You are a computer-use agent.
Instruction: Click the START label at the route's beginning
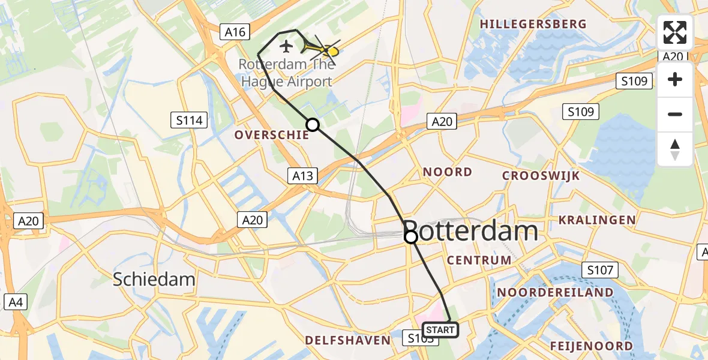[x=441, y=330]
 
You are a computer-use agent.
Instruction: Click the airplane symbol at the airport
[x=286, y=46]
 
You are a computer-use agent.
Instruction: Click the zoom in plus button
[x=675, y=80]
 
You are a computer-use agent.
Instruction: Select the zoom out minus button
[x=675, y=114]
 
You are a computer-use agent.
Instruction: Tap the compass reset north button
[x=675, y=149]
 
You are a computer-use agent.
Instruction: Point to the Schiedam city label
[x=155, y=279]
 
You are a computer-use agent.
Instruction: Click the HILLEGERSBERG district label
[x=533, y=24]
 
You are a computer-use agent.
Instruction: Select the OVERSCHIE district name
[x=271, y=135]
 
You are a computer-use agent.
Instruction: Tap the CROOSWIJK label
[x=541, y=176]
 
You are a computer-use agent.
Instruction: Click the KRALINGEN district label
[x=597, y=220]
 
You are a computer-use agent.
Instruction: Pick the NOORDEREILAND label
[x=556, y=292]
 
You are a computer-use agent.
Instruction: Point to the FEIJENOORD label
[x=591, y=346]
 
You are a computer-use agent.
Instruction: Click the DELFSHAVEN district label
[x=347, y=340]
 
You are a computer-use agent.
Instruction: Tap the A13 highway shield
[x=302, y=176]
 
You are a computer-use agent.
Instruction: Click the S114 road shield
[x=189, y=121]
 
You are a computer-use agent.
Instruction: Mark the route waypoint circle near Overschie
[x=313, y=125]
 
